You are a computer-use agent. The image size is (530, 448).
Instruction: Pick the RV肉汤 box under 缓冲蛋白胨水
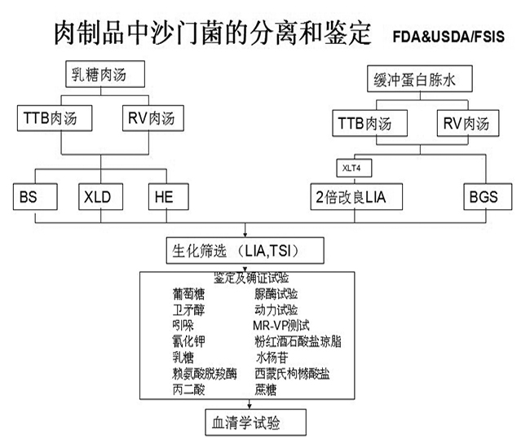click(467, 124)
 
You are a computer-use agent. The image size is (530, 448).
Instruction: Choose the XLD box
click(95, 196)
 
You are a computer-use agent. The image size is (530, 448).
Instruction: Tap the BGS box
click(482, 197)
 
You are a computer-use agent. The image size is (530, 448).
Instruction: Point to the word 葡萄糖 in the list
click(189, 294)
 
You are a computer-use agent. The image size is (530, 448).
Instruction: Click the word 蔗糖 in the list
click(267, 389)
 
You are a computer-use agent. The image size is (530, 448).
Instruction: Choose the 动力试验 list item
click(276, 310)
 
